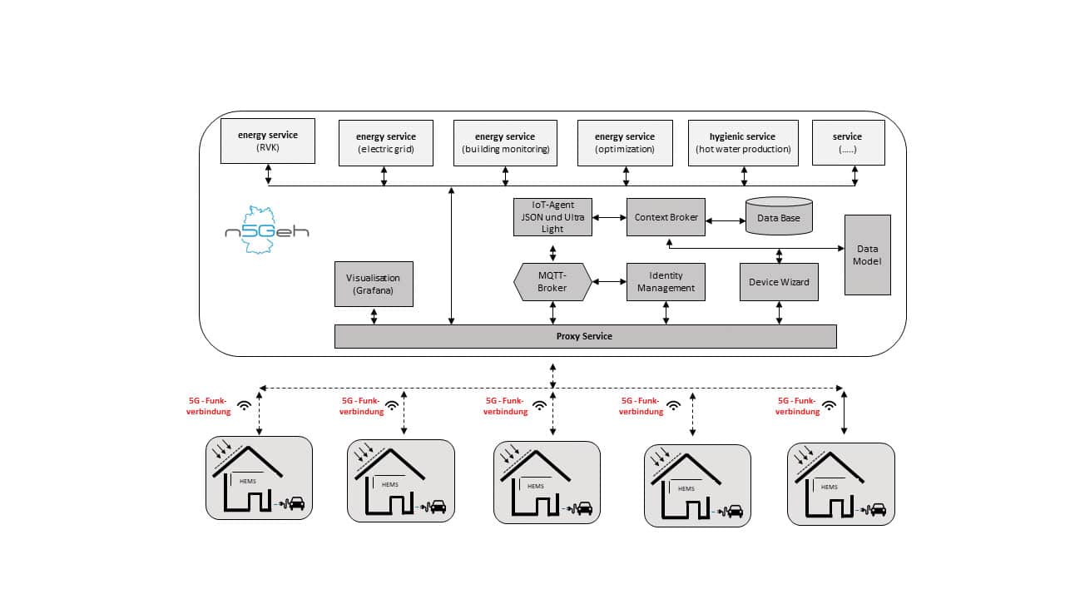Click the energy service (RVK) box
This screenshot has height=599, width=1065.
tap(268, 141)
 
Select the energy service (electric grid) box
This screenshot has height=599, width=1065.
tap(385, 143)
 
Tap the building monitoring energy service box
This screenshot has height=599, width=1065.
tap(505, 143)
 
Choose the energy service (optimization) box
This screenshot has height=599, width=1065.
tap(625, 143)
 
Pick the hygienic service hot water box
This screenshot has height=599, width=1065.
tap(743, 143)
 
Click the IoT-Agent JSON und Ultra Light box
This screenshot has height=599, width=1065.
tap(552, 217)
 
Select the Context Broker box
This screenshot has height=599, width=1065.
tap(666, 217)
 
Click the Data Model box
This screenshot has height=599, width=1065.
tap(867, 255)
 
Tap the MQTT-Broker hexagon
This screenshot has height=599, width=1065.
tap(552, 282)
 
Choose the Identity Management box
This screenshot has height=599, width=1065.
tap(666, 282)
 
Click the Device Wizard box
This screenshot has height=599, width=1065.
tap(779, 282)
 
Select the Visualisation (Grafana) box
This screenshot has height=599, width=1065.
tap(374, 284)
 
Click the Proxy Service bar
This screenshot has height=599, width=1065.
tap(585, 336)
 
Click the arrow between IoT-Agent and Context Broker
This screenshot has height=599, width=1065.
tap(610, 217)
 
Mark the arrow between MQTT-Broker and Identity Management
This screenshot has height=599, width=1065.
tap(610, 282)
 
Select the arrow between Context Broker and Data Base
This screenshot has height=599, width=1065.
tap(726, 220)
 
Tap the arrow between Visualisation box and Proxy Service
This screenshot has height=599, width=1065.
tap(374, 316)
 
